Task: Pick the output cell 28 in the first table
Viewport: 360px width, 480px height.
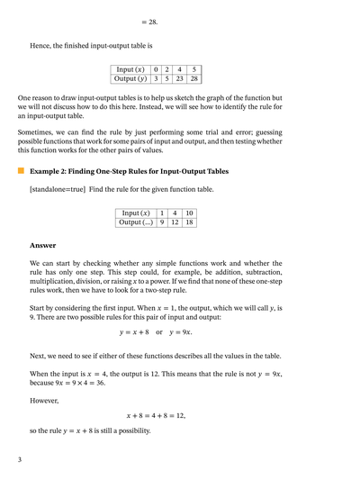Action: click(x=193, y=78)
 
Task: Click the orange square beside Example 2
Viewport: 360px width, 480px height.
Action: click(x=21, y=170)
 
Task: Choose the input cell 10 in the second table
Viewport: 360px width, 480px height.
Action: click(x=189, y=213)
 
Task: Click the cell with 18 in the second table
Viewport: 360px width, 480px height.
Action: click(x=189, y=222)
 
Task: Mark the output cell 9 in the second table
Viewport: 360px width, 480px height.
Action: click(x=161, y=222)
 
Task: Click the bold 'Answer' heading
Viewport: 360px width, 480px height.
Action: click(x=42, y=245)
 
